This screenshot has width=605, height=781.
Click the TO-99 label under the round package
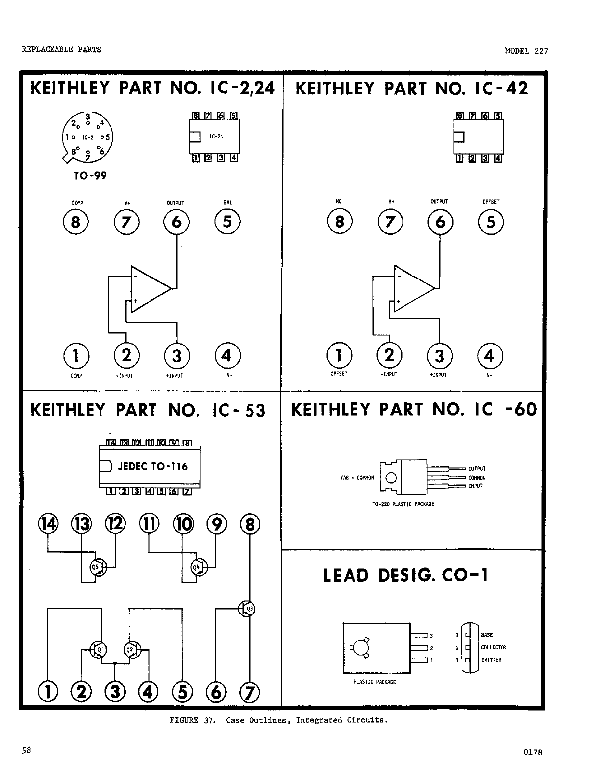coord(90,176)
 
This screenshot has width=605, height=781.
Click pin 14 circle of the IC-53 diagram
coord(48,524)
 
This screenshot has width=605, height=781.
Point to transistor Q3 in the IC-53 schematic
coord(247,609)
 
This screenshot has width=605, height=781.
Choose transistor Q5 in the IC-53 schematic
coord(97,568)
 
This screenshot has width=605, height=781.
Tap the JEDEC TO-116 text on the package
coord(153,466)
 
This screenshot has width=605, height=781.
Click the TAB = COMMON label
coord(357,478)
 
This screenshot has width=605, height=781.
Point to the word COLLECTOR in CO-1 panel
coord(493,647)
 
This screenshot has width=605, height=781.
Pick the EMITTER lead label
coord(491,660)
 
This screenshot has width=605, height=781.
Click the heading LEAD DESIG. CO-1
coord(405,575)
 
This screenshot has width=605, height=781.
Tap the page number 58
coord(26,750)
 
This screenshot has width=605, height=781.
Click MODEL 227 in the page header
coord(526,51)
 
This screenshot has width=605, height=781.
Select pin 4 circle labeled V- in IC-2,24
coord(227,356)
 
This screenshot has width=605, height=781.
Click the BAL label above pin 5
coord(227,203)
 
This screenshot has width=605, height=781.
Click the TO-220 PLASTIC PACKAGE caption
coord(403,504)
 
